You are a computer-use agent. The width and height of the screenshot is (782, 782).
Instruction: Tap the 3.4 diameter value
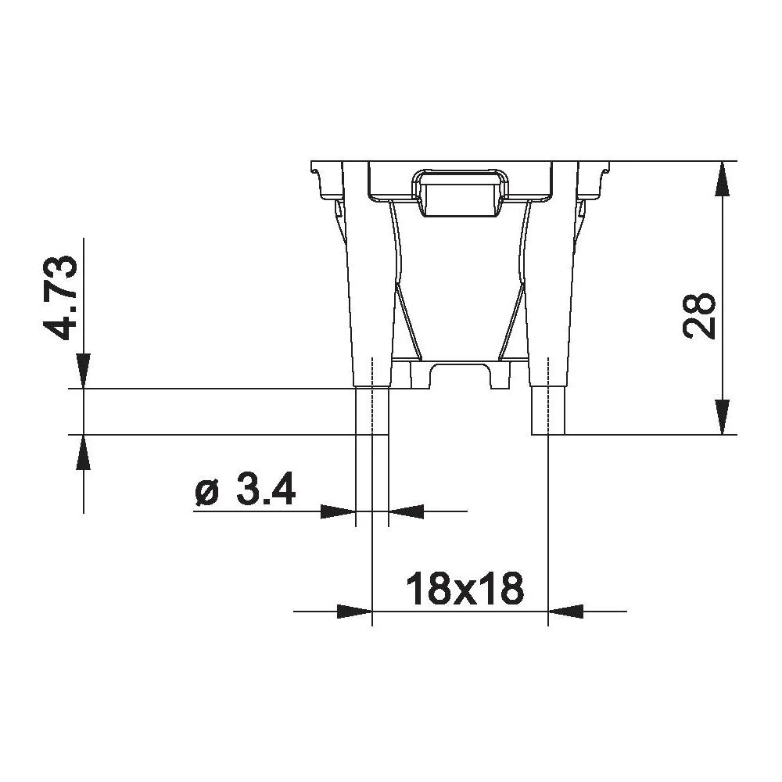(x=265, y=490)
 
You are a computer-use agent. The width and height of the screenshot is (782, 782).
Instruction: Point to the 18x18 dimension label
(x=465, y=589)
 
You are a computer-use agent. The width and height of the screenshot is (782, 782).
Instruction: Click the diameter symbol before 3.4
(x=206, y=492)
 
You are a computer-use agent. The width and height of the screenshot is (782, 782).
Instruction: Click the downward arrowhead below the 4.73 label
(x=83, y=371)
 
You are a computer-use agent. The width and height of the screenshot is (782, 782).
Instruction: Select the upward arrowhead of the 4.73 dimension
(x=83, y=451)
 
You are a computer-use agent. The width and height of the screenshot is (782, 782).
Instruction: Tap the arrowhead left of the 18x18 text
(x=353, y=611)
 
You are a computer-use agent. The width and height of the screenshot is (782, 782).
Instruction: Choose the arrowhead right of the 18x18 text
(x=566, y=611)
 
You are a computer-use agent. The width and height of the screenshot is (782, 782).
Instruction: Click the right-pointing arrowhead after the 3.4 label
(x=338, y=511)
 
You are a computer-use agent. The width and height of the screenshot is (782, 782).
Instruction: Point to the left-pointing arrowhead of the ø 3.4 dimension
(x=407, y=511)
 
